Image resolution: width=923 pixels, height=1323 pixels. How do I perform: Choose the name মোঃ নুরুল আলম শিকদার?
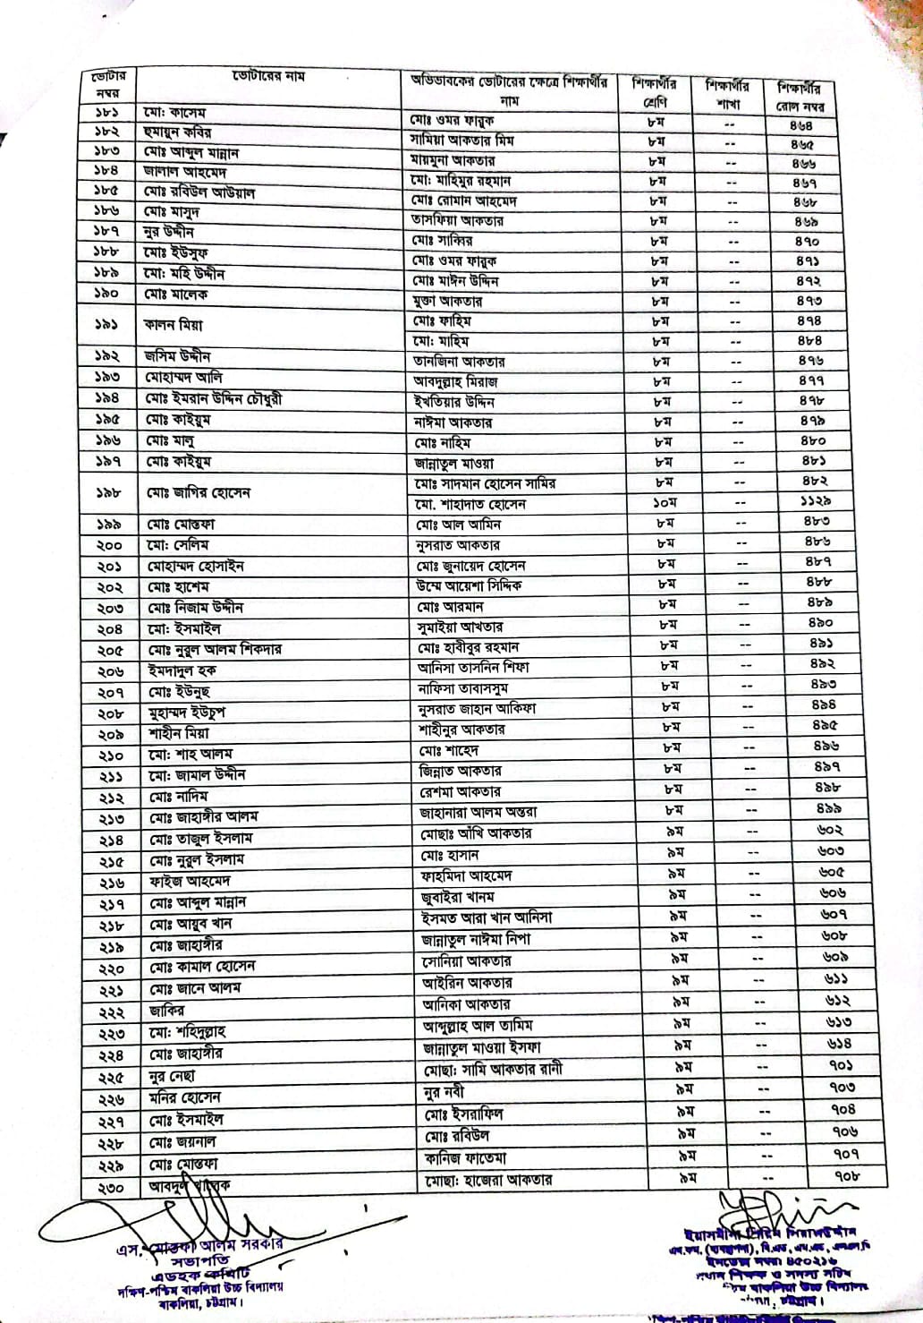tap(215, 649)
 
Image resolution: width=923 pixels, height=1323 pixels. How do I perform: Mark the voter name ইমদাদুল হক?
tap(182, 670)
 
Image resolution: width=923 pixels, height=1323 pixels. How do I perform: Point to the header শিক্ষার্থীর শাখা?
tap(727, 94)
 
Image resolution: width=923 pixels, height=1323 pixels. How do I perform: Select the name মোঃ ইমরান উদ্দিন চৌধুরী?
tap(218, 398)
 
